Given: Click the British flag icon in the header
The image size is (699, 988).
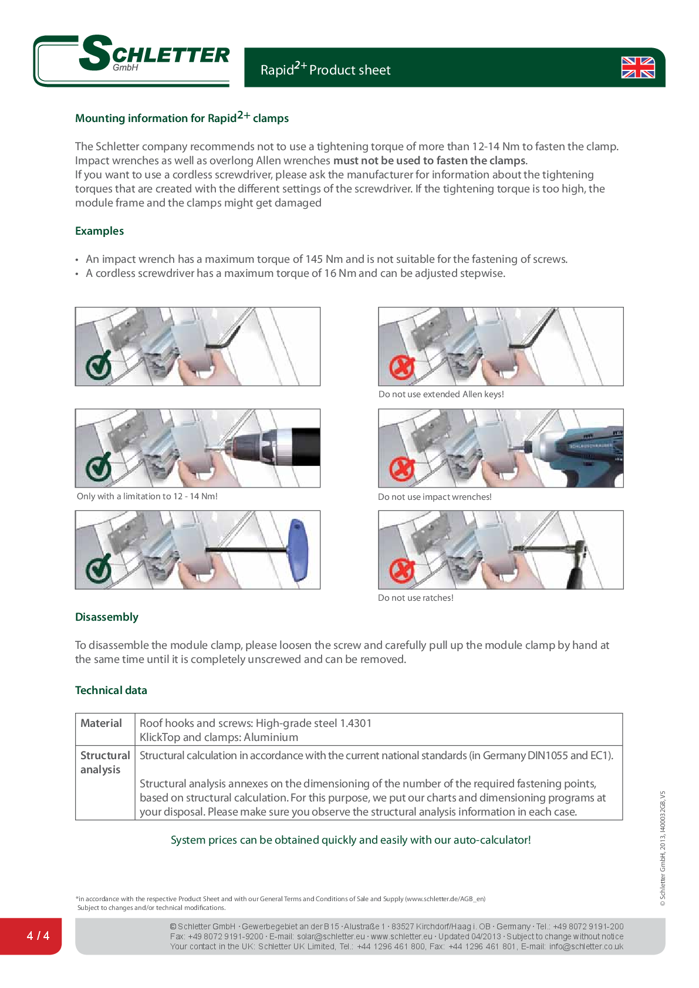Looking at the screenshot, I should coord(637,67).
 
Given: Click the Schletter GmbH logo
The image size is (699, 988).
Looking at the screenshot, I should coord(133,60).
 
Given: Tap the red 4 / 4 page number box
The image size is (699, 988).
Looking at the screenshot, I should coord(38,935).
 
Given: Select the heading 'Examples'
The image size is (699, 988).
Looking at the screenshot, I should coord(99,231).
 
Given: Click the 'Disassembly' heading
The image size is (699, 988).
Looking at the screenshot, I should coord(106,617).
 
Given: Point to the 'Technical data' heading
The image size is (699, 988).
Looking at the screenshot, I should coord(111,690).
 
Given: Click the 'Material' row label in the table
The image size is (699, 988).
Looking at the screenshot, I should coord(101,723).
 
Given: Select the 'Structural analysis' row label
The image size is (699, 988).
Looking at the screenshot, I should coord(104,762).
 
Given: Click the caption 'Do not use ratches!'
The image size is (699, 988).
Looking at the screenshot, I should coord(416,598).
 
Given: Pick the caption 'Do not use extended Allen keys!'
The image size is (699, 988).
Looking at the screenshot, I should coord(441,394).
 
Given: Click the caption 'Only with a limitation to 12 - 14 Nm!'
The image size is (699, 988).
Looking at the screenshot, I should coord(147,496).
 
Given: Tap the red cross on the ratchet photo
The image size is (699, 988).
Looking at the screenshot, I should coord(402,570).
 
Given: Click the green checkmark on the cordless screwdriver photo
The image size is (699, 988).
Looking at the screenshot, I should coord(99,468).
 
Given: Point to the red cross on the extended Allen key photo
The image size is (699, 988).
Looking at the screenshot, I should coord(402,368).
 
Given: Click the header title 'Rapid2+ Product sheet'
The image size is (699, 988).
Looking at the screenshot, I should coord(325,69).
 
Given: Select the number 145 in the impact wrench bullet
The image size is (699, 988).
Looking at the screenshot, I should coord(314,259).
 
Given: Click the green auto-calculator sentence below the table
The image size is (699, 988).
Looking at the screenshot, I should coord(350,840).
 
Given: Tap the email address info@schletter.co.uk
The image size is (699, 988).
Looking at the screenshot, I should coord(586,946).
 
